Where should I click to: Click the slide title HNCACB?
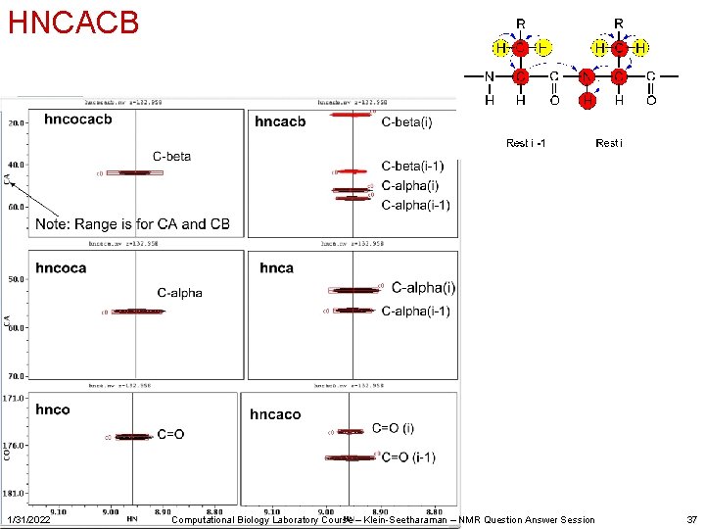pos(73,22)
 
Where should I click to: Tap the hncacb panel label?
pos(280,121)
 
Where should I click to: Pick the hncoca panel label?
pos(61,267)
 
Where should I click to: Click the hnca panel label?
pos(276,267)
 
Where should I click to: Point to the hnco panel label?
pos(53,409)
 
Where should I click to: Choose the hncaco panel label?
pos(275,414)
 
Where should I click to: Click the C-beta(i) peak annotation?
pos(406,121)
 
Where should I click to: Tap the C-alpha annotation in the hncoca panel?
pos(180,292)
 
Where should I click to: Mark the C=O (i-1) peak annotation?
pos(408,457)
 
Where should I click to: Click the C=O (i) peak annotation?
pos(394,428)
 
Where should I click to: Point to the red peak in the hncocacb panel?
pos(133,172)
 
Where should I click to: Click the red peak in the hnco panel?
pos(133,436)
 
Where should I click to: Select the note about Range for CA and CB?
pos(132,224)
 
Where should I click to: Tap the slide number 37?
pos(692,519)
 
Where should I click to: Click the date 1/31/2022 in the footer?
pos(27,519)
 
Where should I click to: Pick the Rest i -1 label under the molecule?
pos(526,144)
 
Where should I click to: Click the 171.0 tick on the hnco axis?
pos(14,399)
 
